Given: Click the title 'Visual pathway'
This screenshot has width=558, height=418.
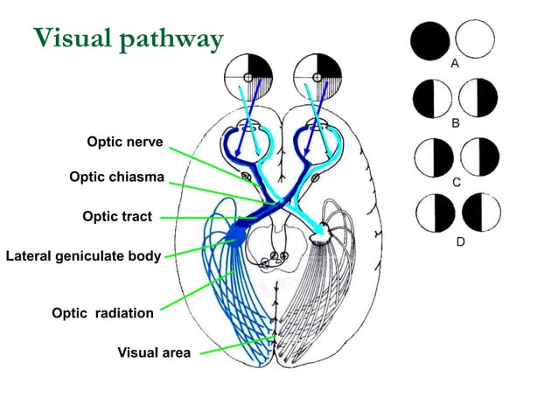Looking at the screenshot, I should (x=129, y=38).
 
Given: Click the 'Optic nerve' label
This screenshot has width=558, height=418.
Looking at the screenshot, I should (x=124, y=143).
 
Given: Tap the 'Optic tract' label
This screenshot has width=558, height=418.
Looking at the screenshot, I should (x=117, y=217).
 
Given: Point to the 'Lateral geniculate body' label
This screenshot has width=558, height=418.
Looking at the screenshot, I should (x=83, y=256).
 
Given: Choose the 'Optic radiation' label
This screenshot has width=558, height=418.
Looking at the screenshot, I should (x=102, y=313).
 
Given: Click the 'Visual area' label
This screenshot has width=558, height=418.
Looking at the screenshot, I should (x=154, y=353).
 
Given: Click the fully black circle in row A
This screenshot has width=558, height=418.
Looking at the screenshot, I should (x=430, y=40).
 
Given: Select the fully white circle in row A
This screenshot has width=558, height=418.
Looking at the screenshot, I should (x=476, y=40).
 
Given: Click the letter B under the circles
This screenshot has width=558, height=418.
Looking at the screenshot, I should (x=455, y=124).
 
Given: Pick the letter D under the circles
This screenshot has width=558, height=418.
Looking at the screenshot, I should (x=459, y=241).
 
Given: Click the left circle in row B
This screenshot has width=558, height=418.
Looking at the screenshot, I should (x=432, y=98).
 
